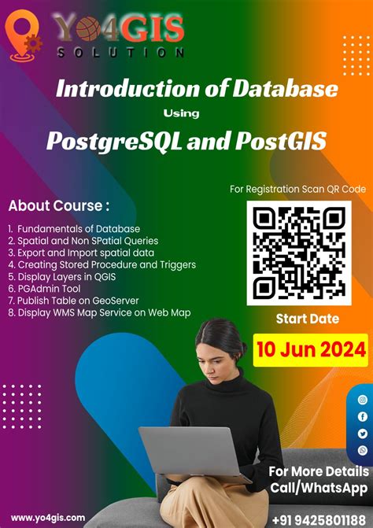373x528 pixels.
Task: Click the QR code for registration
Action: click(x=299, y=253)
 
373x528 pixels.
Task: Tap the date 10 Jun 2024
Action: click(x=310, y=347)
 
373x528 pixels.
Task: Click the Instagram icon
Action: click(x=363, y=400)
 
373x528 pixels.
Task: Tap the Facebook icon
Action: click(x=363, y=416)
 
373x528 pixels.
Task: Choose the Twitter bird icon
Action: click(x=363, y=433)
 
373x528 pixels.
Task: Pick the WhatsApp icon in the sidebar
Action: click(x=363, y=449)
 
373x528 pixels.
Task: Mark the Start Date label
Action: click(x=307, y=319)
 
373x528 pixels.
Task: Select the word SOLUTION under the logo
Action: click(x=120, y=53)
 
